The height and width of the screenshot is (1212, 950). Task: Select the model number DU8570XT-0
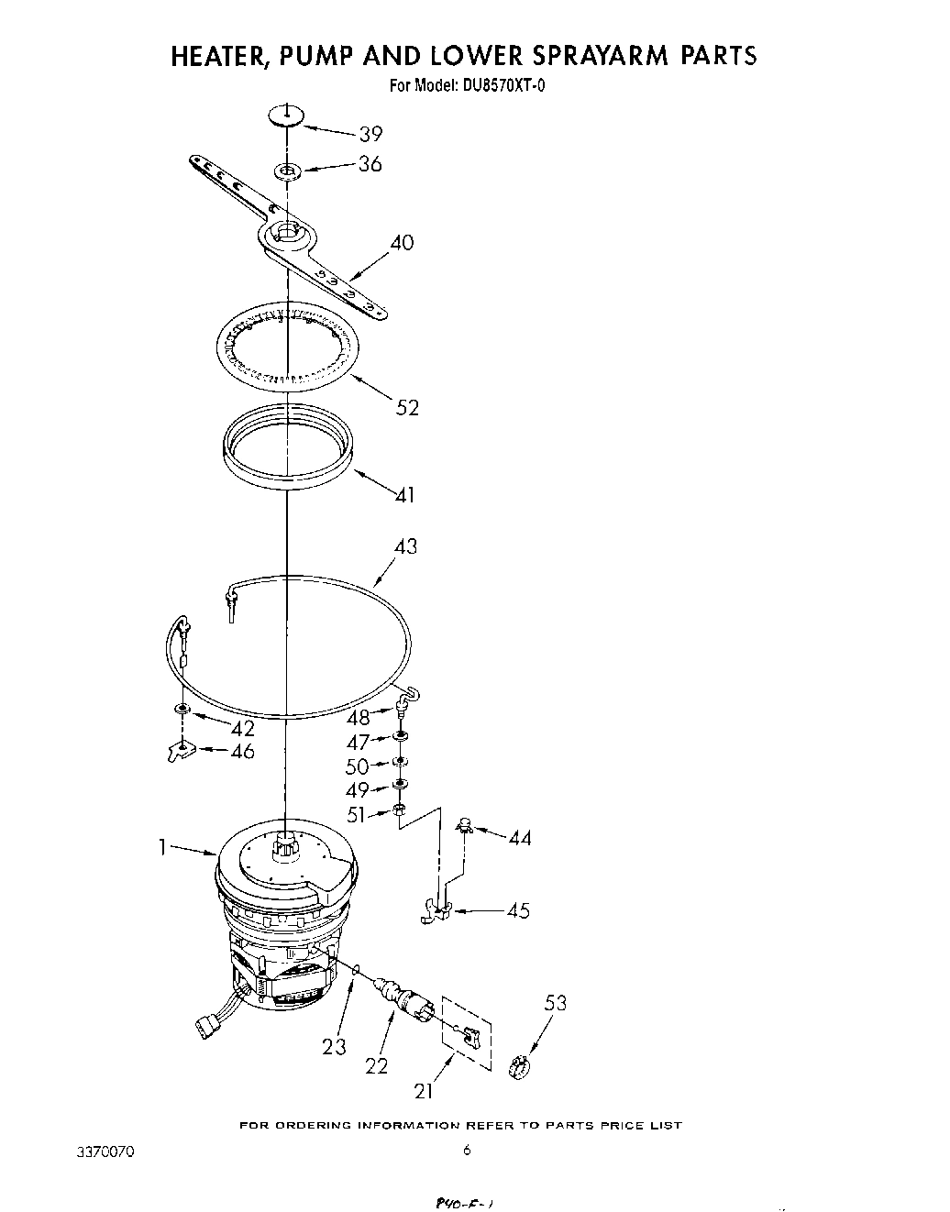pos(506,87)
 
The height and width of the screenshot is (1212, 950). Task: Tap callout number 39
pos(370,134)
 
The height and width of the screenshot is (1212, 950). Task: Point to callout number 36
pos(370,164)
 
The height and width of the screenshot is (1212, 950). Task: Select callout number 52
pos(407,407)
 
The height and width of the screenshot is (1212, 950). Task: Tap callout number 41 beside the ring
pos(404,495)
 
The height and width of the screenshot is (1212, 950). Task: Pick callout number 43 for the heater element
pos(404,546)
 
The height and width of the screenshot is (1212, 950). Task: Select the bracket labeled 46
pos(179,752)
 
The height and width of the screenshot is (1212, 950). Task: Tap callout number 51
pos(357,814)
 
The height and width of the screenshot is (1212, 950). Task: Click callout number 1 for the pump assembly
pos(162,848)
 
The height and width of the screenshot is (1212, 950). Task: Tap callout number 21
pos(424,1090)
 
